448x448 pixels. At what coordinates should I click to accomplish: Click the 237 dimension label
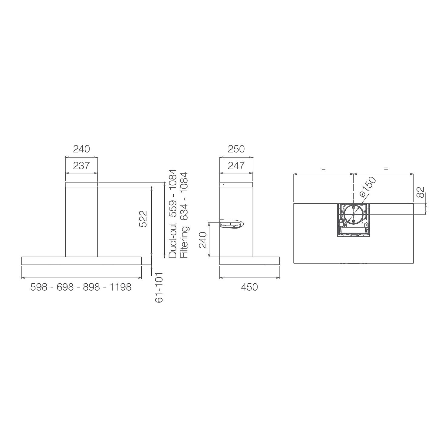tap(81, 166)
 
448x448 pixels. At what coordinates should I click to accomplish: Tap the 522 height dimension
tap(143, 219)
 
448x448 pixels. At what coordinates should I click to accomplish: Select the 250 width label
tap(236, 149)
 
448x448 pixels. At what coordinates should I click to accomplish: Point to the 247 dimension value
tap(236, 166)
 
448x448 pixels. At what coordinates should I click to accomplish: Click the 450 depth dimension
tap(249, 287)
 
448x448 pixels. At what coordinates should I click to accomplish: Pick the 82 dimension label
tap(420, 193)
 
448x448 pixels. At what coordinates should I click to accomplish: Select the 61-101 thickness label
tap(159, 287)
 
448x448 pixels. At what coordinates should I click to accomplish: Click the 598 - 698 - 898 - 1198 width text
tap(81, 287)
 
